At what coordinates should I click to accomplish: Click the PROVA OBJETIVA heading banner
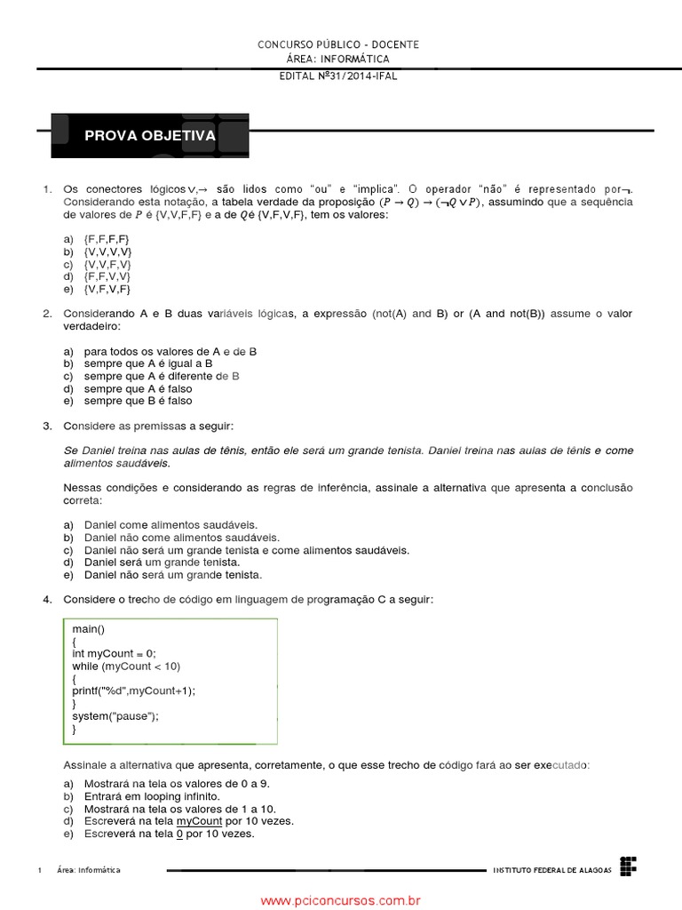[x=149, y=136]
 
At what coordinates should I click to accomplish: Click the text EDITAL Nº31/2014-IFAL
[x=338, y=76]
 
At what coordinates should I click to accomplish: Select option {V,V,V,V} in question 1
[x=107, y=252]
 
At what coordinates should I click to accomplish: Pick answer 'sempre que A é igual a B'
[x=148, y=363]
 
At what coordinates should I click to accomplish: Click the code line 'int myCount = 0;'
[x=114, y=653]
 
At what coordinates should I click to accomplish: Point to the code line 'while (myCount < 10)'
[x=126, y=666]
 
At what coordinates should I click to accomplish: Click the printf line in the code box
[x=133, y=690]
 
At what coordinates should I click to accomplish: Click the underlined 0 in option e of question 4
[x=179, y=834]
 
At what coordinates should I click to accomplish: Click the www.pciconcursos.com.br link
[x=340, y=900]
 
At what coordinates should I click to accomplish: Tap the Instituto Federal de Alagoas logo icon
[x=629, y=865]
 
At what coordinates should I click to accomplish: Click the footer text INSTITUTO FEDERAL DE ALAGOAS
[x=552, y=870]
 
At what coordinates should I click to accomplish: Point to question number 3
[x=47, y=427]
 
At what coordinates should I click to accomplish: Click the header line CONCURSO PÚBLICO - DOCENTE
[x=338, y=44]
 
